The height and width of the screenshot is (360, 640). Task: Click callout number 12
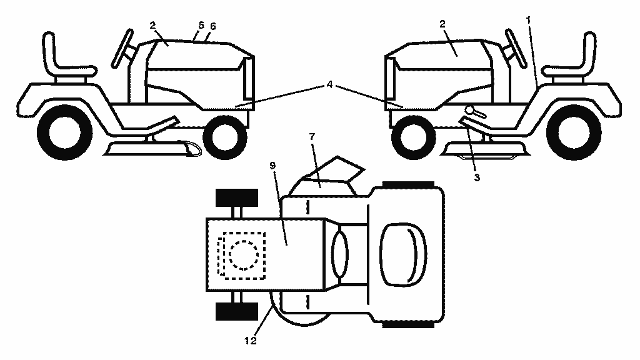(250, 341)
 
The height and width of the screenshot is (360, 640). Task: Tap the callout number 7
(312, 137)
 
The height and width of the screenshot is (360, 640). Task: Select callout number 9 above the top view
(272, 165)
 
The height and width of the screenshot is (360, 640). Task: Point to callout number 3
(477, 177)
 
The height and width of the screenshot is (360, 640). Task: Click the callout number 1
(529, 19)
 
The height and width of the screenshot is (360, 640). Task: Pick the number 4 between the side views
(329, 85)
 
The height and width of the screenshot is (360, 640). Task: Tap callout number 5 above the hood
(201, 25)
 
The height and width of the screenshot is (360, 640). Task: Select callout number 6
(212, 26)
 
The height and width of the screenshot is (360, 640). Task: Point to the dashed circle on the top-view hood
(244, 255)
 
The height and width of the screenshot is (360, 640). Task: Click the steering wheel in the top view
(340, 254)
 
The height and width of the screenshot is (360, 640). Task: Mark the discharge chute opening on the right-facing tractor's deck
(191, 149)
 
